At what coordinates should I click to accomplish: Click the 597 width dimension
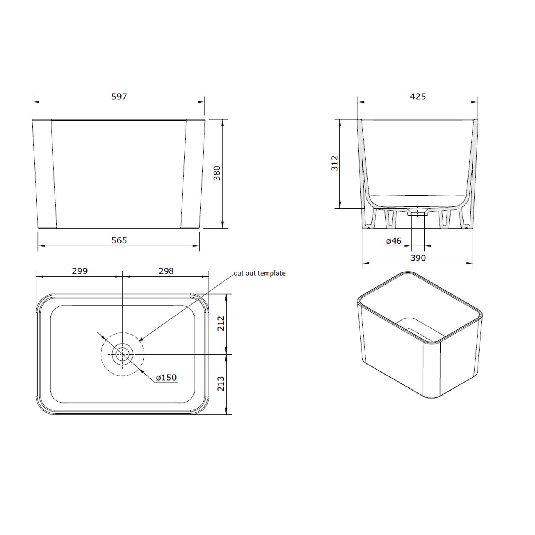[x=119, y=97]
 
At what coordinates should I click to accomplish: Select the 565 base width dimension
[x=119, y=240]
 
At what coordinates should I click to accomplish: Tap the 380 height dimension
[x=217, y=173]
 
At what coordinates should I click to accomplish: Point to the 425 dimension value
[x=418, y=96]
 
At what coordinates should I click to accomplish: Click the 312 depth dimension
[x=334, y=163]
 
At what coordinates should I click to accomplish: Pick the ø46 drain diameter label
[x=394, y=241]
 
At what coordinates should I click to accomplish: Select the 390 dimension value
[x=418, y=258]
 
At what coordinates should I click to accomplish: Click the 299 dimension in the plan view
[x=79, y=271]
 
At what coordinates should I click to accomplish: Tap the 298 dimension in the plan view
[x=166, y=271]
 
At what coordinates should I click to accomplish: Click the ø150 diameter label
[x=166, y=378]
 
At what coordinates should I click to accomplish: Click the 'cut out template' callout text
[x=260, y=273]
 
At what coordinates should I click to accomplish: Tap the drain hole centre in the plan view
[x=122, y=354]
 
